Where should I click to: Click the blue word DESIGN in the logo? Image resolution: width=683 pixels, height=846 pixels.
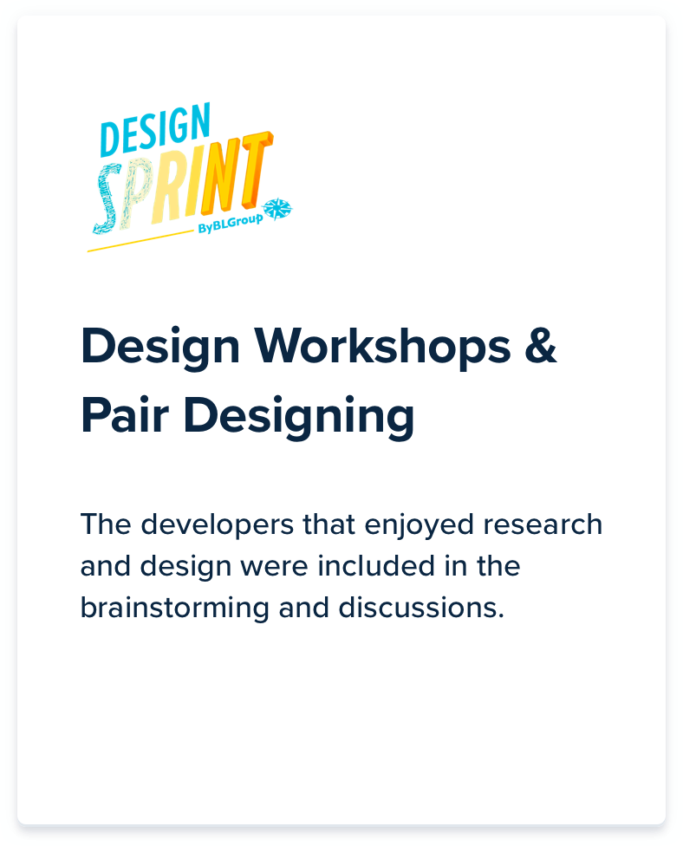[x=155, y=129]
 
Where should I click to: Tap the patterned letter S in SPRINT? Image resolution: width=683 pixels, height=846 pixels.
[x=107, y=198]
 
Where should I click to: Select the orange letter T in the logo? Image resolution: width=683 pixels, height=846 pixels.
[x=257, y=168]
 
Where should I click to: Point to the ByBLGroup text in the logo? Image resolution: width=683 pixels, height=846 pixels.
[x=231, y=223]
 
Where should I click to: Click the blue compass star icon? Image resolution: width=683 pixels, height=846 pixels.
[x=277, y=209]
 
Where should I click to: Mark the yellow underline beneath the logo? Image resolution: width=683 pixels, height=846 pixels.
[x=140, y=241]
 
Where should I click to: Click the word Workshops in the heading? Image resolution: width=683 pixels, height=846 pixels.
[x=382, y=347]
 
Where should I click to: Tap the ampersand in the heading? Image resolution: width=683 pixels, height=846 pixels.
[x=540, y=346]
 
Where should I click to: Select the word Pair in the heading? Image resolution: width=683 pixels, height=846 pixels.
[x=125, y=414]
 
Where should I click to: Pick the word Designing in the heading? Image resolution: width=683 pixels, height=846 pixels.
[x=299, y=417]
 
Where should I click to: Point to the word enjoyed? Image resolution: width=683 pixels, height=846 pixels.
[x=420, y=526]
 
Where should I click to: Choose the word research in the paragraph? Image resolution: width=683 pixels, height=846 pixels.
[x=543, y=524]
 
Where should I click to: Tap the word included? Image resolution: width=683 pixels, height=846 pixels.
[x=376, y=566]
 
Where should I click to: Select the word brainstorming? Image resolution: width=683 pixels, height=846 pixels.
[x=175, y=608]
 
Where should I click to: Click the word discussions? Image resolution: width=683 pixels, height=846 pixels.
[x=421, y=608]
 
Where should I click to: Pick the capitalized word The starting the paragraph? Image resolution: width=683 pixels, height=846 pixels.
[x=107, y=524]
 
